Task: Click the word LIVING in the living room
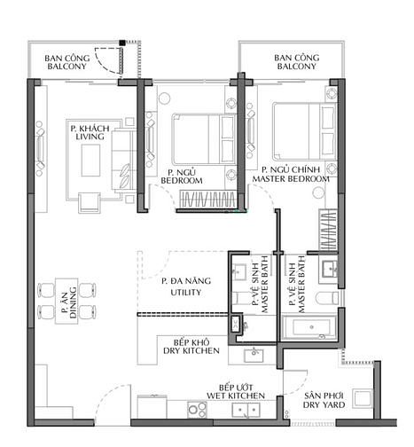[90, 137]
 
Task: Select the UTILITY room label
[186, 293]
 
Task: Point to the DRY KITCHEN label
[191, 351]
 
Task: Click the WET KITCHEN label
[236, 396]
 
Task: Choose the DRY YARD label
[324, 404]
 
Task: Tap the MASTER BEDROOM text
[291, 179]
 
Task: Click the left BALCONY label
[66, 67]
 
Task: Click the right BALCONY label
[296, 67]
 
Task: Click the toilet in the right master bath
[327, 298]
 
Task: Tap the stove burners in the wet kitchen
[197, 410]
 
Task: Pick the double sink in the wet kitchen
[246, 410]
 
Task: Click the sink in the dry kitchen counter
[254, 355]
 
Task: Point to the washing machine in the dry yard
[363, 399]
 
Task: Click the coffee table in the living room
[90, 161]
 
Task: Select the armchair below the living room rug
[89, 202]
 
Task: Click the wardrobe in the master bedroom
[328, 230]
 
